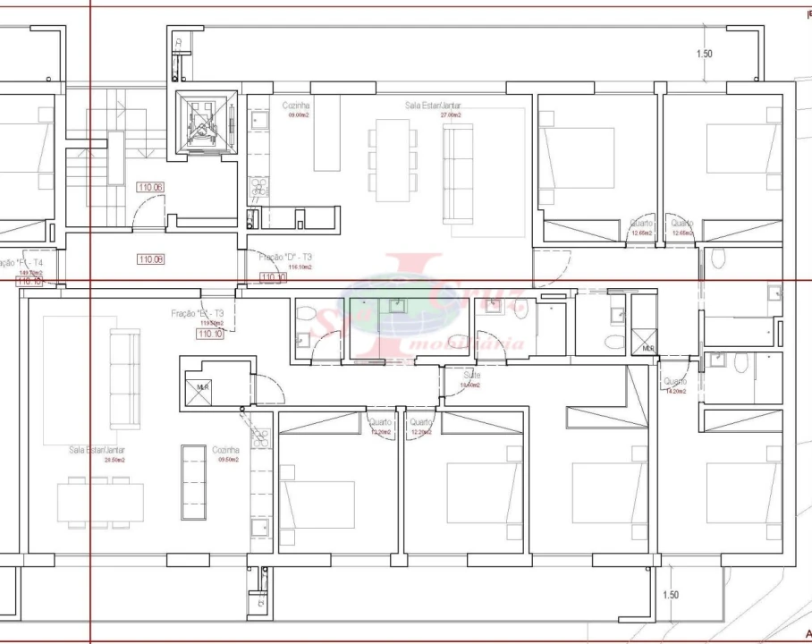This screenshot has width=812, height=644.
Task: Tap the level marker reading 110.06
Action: (149, 188)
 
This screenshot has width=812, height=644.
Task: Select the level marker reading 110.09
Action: (150, 259)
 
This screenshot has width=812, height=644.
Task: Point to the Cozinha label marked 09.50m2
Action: (225, 454)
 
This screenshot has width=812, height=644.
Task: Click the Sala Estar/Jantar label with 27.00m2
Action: (434, 109)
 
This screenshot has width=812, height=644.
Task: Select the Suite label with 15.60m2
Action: (471, 380)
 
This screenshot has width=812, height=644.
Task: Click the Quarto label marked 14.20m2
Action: (674, 386)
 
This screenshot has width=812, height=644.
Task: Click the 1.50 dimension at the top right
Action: (705, 54)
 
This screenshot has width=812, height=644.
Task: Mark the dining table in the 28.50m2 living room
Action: (100, 502)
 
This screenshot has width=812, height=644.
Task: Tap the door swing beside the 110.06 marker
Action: (145, 213)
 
